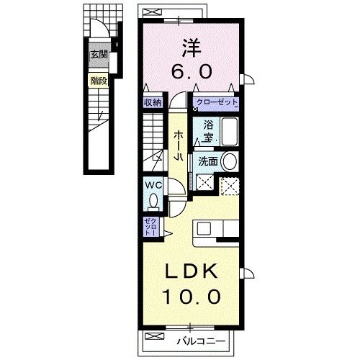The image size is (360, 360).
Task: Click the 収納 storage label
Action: click(x=151, y=103)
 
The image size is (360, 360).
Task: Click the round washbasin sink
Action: click(x=230, y=161)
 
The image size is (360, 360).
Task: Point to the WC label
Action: click(x=153, y=185)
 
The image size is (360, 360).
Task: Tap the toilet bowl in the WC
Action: click(x=153, y=202)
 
